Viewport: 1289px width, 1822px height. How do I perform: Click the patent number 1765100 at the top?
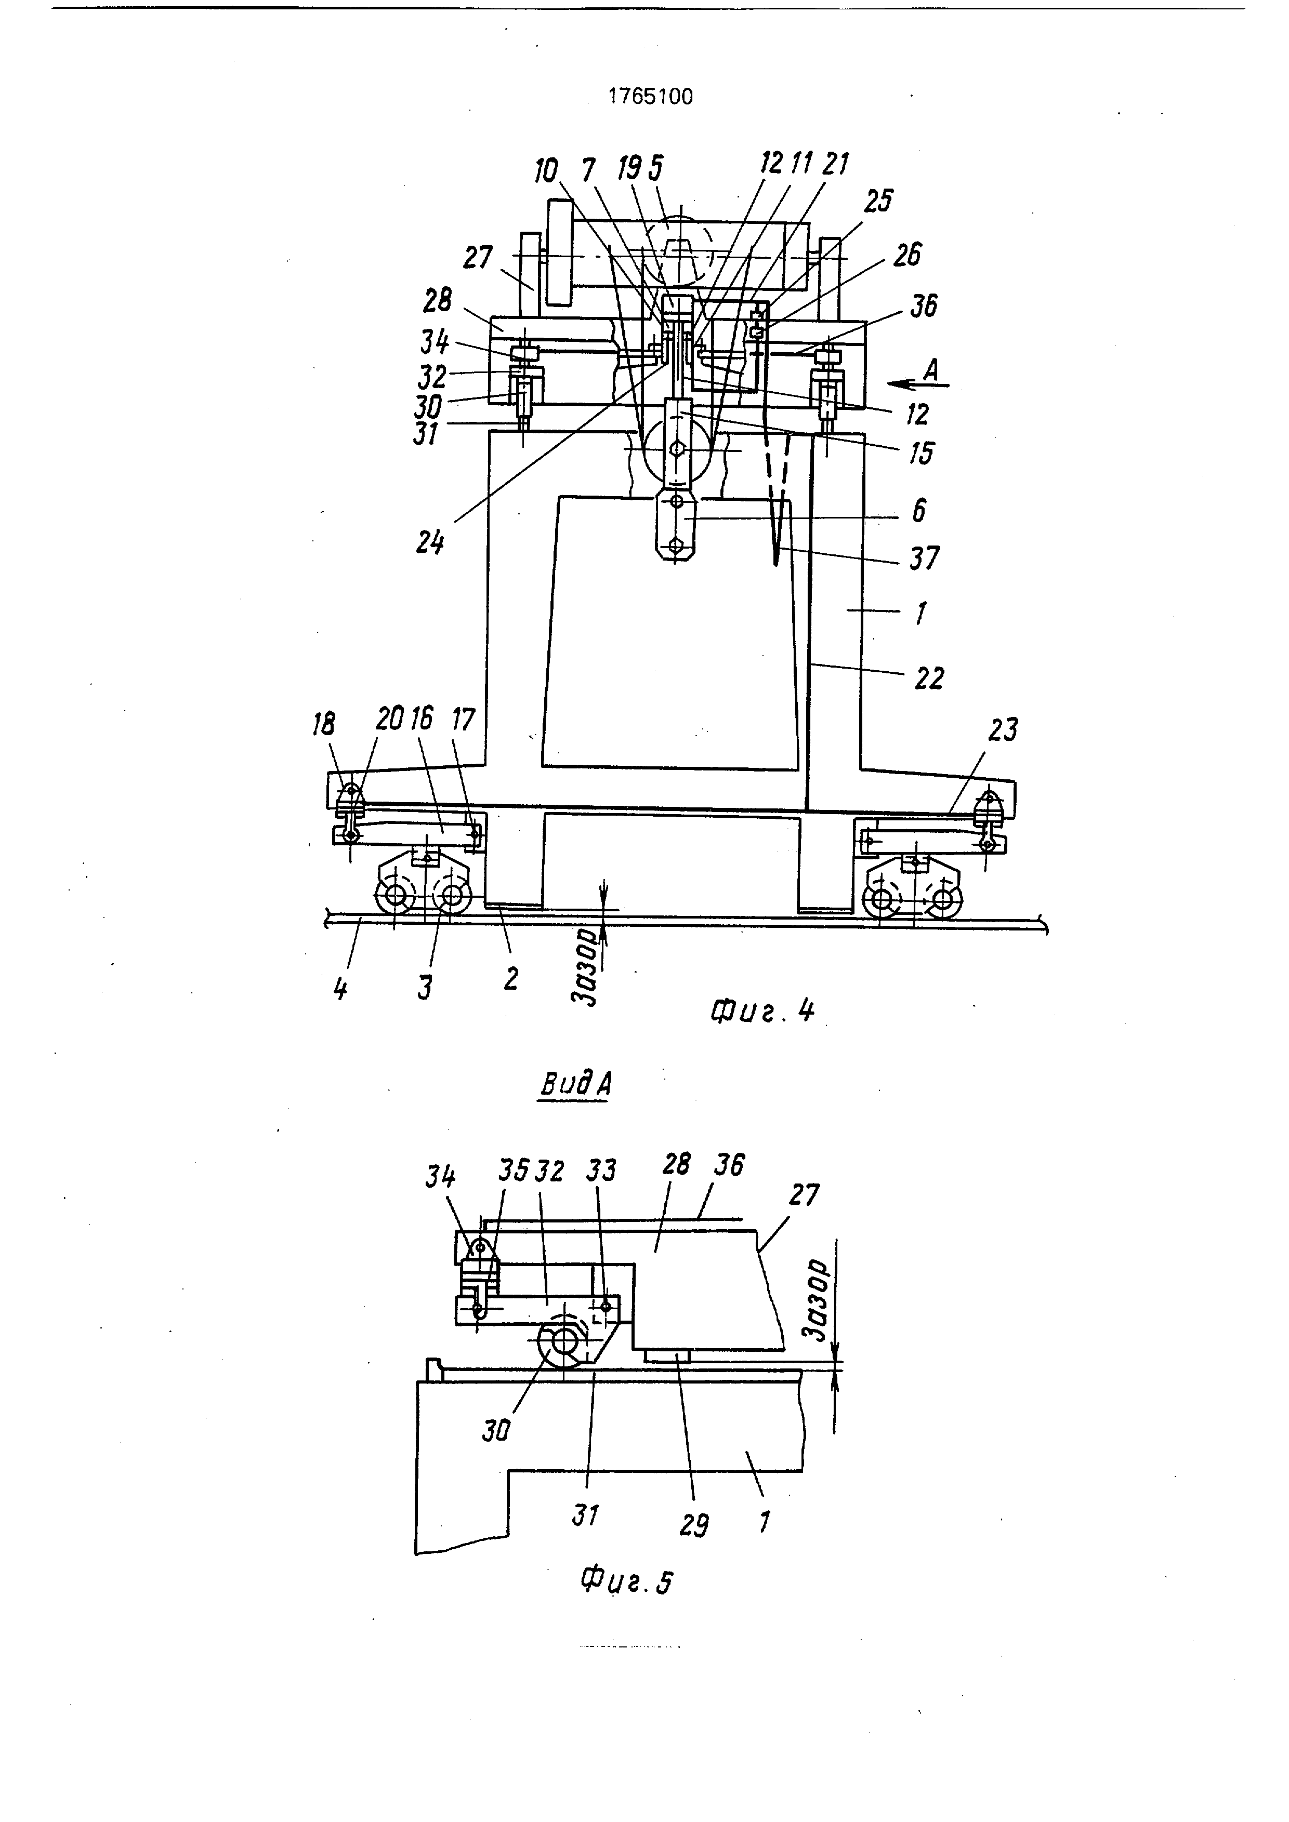(x=650, y=97)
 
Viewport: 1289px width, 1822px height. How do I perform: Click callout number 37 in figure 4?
(x=924, y=558)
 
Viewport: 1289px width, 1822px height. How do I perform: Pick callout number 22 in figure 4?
(x=929, y=677)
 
